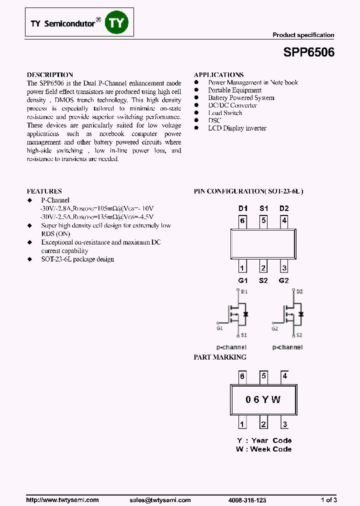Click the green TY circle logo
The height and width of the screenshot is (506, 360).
point(116,23)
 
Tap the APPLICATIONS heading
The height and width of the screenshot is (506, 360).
point(218,74)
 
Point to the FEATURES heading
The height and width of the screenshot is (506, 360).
point(44,191)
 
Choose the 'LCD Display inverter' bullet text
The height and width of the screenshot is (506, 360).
point(237,128)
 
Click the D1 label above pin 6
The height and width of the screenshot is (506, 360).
point(242,208)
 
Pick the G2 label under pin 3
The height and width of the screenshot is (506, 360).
point(284,280)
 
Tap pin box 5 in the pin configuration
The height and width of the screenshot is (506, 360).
point(263,220)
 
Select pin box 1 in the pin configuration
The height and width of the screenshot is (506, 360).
point(242,267)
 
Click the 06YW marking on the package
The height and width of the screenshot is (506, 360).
point(263,399)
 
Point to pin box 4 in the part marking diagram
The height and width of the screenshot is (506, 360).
point(284,376)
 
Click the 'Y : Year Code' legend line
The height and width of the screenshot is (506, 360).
point(264,440)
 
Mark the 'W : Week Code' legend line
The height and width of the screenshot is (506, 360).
point(263,449)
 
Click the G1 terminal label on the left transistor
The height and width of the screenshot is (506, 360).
point(220,328)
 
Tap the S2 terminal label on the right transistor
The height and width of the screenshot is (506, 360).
point(299,335)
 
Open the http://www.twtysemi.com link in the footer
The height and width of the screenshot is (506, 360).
point(62,500)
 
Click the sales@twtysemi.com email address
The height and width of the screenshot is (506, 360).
point(160,500)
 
